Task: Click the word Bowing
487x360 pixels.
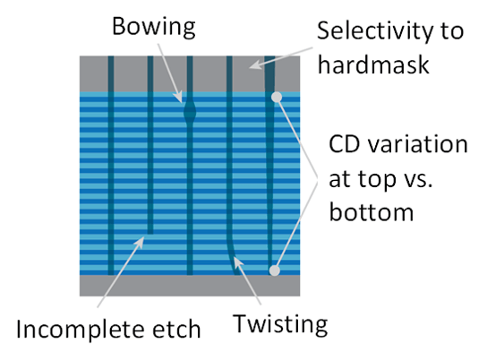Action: (x=154, y=28)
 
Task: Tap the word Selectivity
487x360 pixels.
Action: (x=372, y=30)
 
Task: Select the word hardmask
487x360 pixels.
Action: (x=373, y=64)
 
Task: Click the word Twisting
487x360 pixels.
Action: (x=280, y=325)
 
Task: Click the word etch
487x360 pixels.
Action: (x=176, y=330)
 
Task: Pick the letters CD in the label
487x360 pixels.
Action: (x=345, y=144)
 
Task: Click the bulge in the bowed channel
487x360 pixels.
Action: (x=190, y=112)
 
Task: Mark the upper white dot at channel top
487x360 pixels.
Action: (x=277, y=98)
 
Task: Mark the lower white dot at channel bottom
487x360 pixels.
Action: (x=274, y=270)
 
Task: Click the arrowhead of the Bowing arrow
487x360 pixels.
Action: (x=178, y=97)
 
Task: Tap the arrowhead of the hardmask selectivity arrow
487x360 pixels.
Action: (x=255, y=64)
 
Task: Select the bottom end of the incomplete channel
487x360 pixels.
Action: (x=150, y=233)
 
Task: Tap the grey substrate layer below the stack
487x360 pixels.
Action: (x=190, y=286)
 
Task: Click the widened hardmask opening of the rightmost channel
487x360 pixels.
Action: (x=269, y=74)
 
